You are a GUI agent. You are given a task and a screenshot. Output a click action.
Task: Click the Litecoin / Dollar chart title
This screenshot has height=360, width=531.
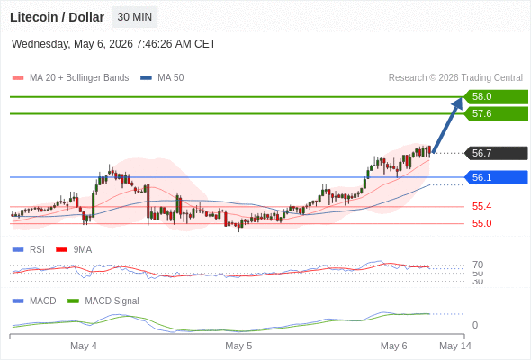coord(57,17)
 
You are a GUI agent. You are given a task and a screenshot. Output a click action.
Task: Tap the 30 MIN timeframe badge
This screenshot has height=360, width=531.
coord(134,17)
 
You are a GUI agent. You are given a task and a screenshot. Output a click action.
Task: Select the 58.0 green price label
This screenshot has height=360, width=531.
coord(496,97)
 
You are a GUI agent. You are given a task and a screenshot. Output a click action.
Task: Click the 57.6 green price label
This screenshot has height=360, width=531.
coord(496,113)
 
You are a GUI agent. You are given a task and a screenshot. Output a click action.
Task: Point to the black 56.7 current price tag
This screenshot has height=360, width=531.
coord(496,153)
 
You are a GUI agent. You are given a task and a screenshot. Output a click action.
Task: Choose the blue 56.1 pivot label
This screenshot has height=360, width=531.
coord(496,177)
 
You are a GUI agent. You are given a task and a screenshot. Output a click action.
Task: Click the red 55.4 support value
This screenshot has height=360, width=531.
coord(481,206)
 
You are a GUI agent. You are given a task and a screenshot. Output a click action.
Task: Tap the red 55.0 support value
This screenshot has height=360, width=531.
coord(481,223)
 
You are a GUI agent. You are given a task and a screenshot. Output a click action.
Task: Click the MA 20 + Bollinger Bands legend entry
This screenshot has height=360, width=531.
coord(70,78)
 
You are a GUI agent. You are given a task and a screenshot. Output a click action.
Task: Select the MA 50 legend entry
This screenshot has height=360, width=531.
coord(162,78)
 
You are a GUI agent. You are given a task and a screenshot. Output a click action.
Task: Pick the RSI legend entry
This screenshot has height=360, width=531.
coord(29,249)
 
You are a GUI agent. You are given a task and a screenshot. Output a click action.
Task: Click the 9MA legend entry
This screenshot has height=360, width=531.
coord(74,249)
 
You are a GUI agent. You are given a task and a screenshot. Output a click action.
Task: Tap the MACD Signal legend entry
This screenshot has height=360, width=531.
coord(103,301)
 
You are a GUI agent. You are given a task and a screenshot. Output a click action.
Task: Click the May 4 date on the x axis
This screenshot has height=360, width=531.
coord(84,346)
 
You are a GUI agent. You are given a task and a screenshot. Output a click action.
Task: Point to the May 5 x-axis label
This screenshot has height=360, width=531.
coord(238,346)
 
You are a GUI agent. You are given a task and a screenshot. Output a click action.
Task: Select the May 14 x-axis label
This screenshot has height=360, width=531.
coord(455,346)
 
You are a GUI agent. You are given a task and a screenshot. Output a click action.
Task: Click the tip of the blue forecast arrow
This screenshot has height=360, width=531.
coord(462,98)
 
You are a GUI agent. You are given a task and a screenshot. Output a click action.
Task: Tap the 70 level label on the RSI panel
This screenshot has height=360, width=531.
coord(478,265)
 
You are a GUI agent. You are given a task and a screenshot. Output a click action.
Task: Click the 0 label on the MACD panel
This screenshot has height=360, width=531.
coord(475,325)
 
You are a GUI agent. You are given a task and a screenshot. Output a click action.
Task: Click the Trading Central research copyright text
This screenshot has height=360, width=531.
coord(455,78)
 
